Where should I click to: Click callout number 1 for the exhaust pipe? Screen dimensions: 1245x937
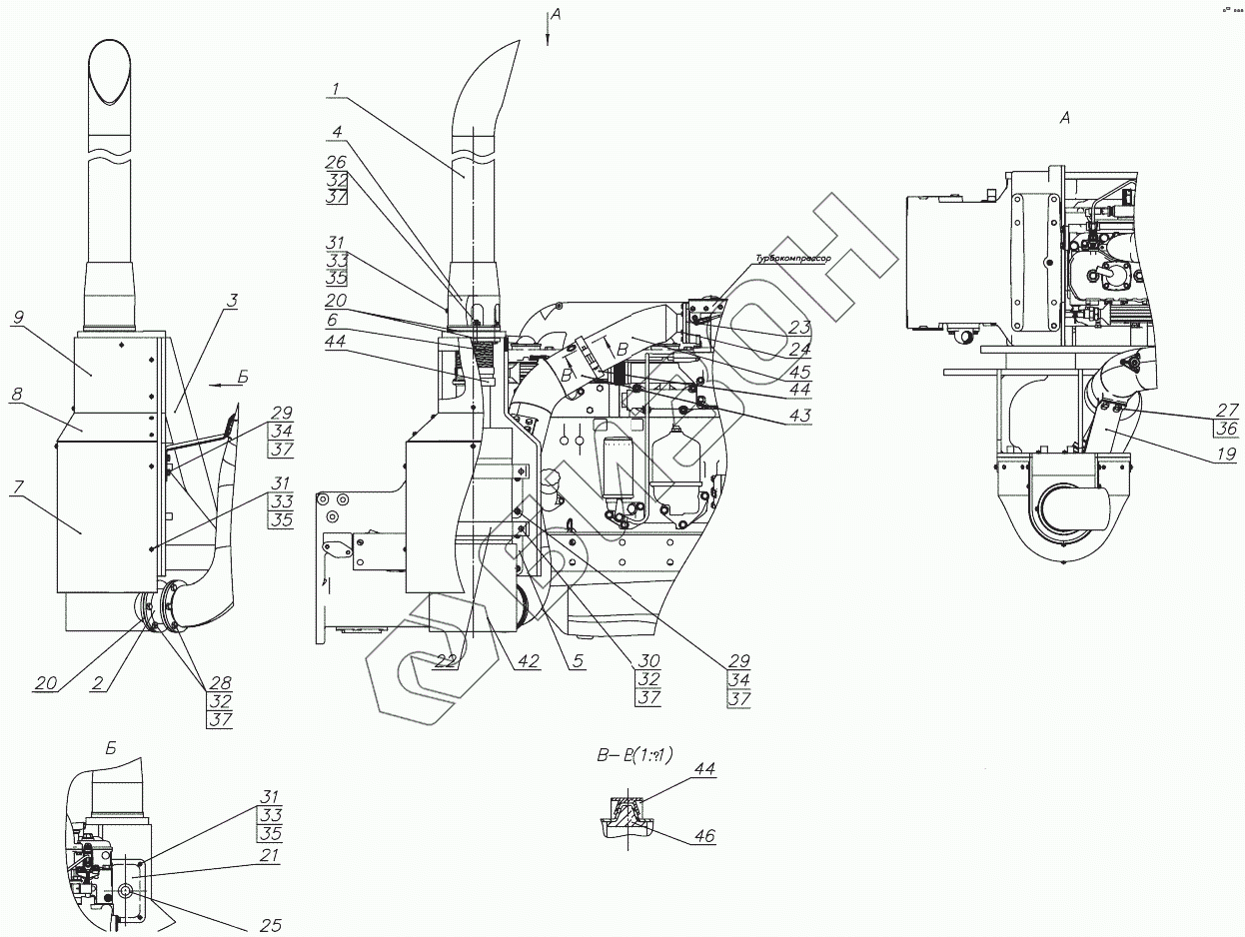(x=336, y=89)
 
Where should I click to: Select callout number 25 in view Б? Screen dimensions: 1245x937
(x=271, y=926)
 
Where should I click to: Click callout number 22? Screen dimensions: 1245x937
(x=446, y=660)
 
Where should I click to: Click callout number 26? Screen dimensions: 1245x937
(x=337, y=161)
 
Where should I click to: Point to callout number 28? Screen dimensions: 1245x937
(x=220, y=683)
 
